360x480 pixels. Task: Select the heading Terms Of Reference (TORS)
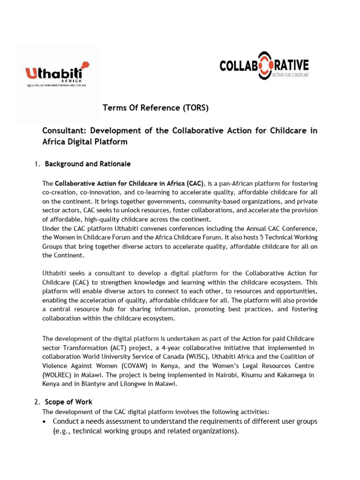tap(155, 108)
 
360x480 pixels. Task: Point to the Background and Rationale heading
tap(88, 164)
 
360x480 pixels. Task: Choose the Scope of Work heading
tap(68, 402)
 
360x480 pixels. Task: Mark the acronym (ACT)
tap(120, 347)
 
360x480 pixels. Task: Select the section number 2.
tap(37, 402)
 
